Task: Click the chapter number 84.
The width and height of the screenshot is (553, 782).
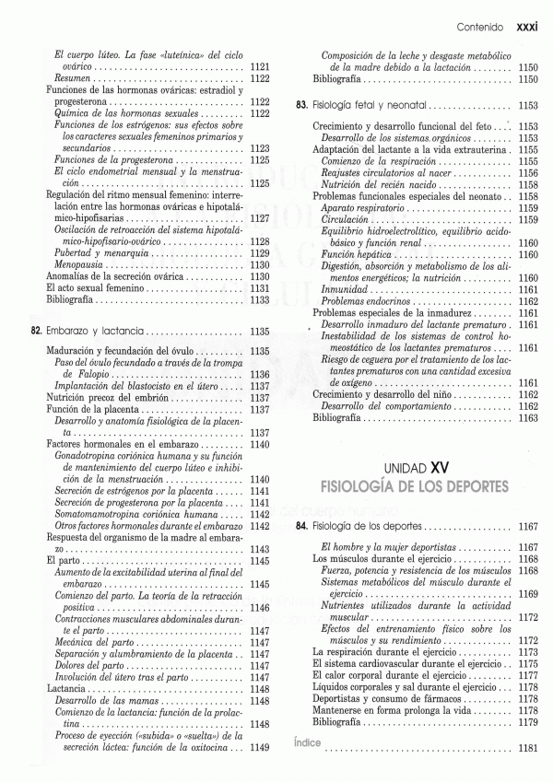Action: tap(301, 526)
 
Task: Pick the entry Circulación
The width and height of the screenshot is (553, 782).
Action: tap(347, 219)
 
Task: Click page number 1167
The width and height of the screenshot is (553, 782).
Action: tap(527, 526)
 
